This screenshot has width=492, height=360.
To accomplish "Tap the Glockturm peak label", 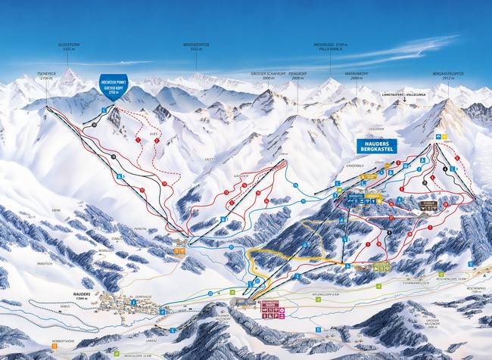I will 69,47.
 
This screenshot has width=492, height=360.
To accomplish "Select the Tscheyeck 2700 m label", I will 46,76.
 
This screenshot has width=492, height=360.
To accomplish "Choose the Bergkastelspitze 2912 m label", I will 447,76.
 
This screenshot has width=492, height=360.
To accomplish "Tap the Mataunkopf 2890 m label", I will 357,76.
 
